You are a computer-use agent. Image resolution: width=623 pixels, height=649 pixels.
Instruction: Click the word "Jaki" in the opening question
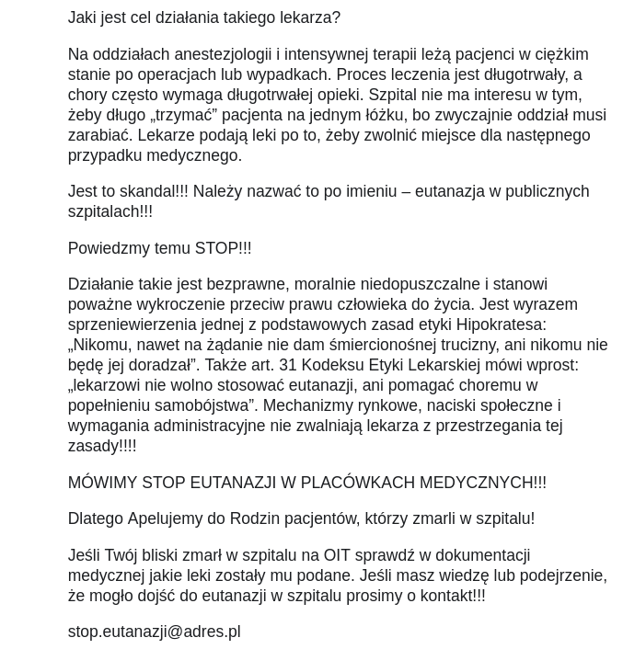83,17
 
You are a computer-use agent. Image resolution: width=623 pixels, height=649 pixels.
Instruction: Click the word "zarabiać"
98,135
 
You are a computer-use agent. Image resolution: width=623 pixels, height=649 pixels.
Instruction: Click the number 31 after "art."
288,365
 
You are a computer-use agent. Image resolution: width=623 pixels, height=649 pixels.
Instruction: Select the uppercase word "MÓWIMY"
102,483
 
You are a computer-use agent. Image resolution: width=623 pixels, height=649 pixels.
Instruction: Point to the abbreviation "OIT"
337,555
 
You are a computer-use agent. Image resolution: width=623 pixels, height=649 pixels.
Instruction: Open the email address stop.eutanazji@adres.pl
154,632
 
